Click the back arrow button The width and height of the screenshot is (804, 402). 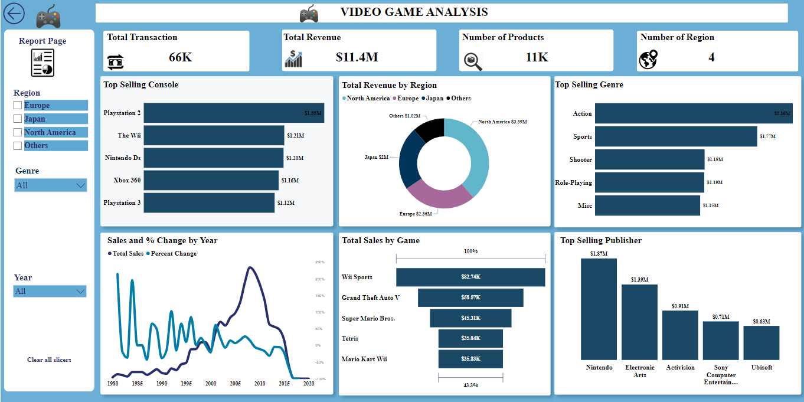pos(14,14)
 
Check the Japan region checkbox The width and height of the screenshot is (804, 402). pos(18,119)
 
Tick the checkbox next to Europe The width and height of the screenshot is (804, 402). pos(18,106)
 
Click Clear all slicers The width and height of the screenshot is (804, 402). pos(49,359)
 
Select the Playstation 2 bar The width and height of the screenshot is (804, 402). pos(234,113)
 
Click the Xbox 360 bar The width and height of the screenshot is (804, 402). pos(211,180)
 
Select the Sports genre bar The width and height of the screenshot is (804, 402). pos(675,136)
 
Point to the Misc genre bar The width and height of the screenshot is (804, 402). pos(647,205)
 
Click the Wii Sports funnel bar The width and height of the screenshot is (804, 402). pos(470,277)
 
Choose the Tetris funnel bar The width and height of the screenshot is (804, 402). pos(470,338)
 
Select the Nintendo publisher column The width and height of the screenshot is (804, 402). pos(599,309)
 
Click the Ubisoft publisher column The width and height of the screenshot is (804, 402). pos(761,342)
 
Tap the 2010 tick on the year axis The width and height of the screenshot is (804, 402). pos(260,384)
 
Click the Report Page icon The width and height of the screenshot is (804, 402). pos(43,63)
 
